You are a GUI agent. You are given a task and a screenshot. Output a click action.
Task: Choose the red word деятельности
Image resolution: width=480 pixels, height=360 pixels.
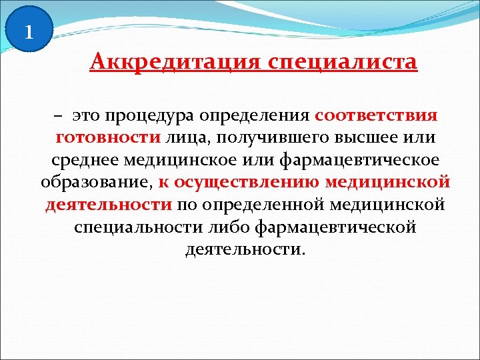pyautogui.click(x=109, y=205)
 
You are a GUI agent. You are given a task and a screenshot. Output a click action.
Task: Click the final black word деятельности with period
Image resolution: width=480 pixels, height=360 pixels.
pyautogui.click(x=243, y=249)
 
